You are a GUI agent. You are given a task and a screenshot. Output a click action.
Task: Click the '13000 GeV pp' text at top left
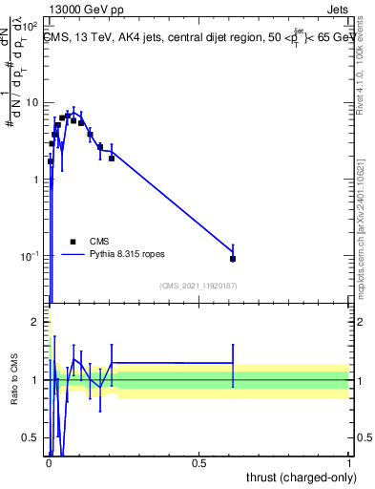point(77,9)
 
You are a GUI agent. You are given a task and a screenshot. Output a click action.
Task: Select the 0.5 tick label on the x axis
point(198,465)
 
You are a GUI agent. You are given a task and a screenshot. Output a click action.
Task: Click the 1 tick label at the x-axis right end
point(350,465)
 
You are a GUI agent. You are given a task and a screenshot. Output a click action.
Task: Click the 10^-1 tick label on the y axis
point(29,257)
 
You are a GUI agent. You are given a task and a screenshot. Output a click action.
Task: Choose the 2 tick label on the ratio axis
point(35,322)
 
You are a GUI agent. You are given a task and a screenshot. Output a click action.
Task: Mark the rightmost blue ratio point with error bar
point(233,363)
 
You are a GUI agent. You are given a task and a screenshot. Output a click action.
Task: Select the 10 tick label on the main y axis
point(31,102)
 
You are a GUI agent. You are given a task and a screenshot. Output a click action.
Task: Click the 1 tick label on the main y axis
point(35,180)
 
